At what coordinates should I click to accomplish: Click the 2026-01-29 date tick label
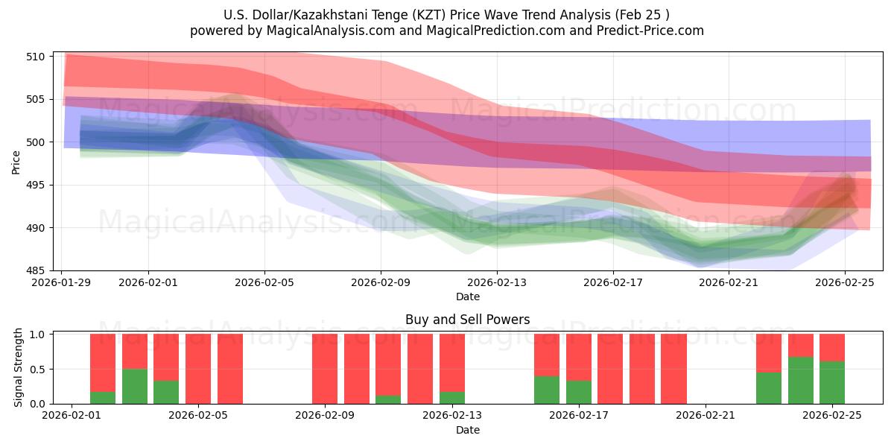62,282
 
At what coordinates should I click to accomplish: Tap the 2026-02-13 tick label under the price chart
497,282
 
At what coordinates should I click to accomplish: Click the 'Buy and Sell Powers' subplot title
467,320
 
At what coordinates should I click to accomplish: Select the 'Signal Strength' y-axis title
19,368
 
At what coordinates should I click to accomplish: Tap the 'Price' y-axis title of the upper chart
16,162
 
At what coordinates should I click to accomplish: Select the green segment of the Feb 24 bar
800,380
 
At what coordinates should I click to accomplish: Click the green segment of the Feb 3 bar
135,386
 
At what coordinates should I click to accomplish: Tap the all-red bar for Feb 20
673,369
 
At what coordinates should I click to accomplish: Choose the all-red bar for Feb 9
325,369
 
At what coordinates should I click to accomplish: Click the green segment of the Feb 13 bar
452,398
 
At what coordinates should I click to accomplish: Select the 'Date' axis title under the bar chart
467,430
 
